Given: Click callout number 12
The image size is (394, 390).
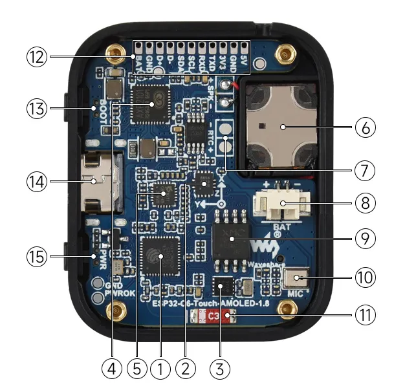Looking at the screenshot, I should (x=38, y=57).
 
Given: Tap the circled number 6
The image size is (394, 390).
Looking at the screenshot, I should (x=365, y=128).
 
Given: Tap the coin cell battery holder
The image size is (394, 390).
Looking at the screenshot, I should (x=283, y=127).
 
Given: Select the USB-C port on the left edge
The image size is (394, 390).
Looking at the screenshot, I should (x=98, y=184).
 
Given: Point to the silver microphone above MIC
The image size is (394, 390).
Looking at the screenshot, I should (x=296, y=279).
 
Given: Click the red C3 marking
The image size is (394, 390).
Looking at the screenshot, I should (x=213, y=316).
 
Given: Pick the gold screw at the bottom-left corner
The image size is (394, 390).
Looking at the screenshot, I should (x=116, y=314).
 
